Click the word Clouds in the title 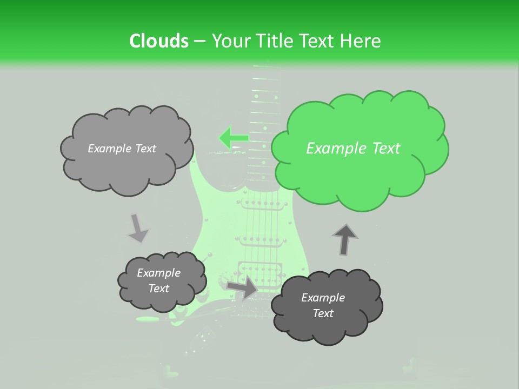pos(158,41)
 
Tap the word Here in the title pos(361,41)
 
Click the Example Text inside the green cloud pos(353,149)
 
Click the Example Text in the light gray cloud pos(122,149)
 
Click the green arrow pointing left pos(232,138)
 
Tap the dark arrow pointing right pos(243,287)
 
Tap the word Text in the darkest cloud pos(323,313)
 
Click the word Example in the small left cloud pos(159,273)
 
